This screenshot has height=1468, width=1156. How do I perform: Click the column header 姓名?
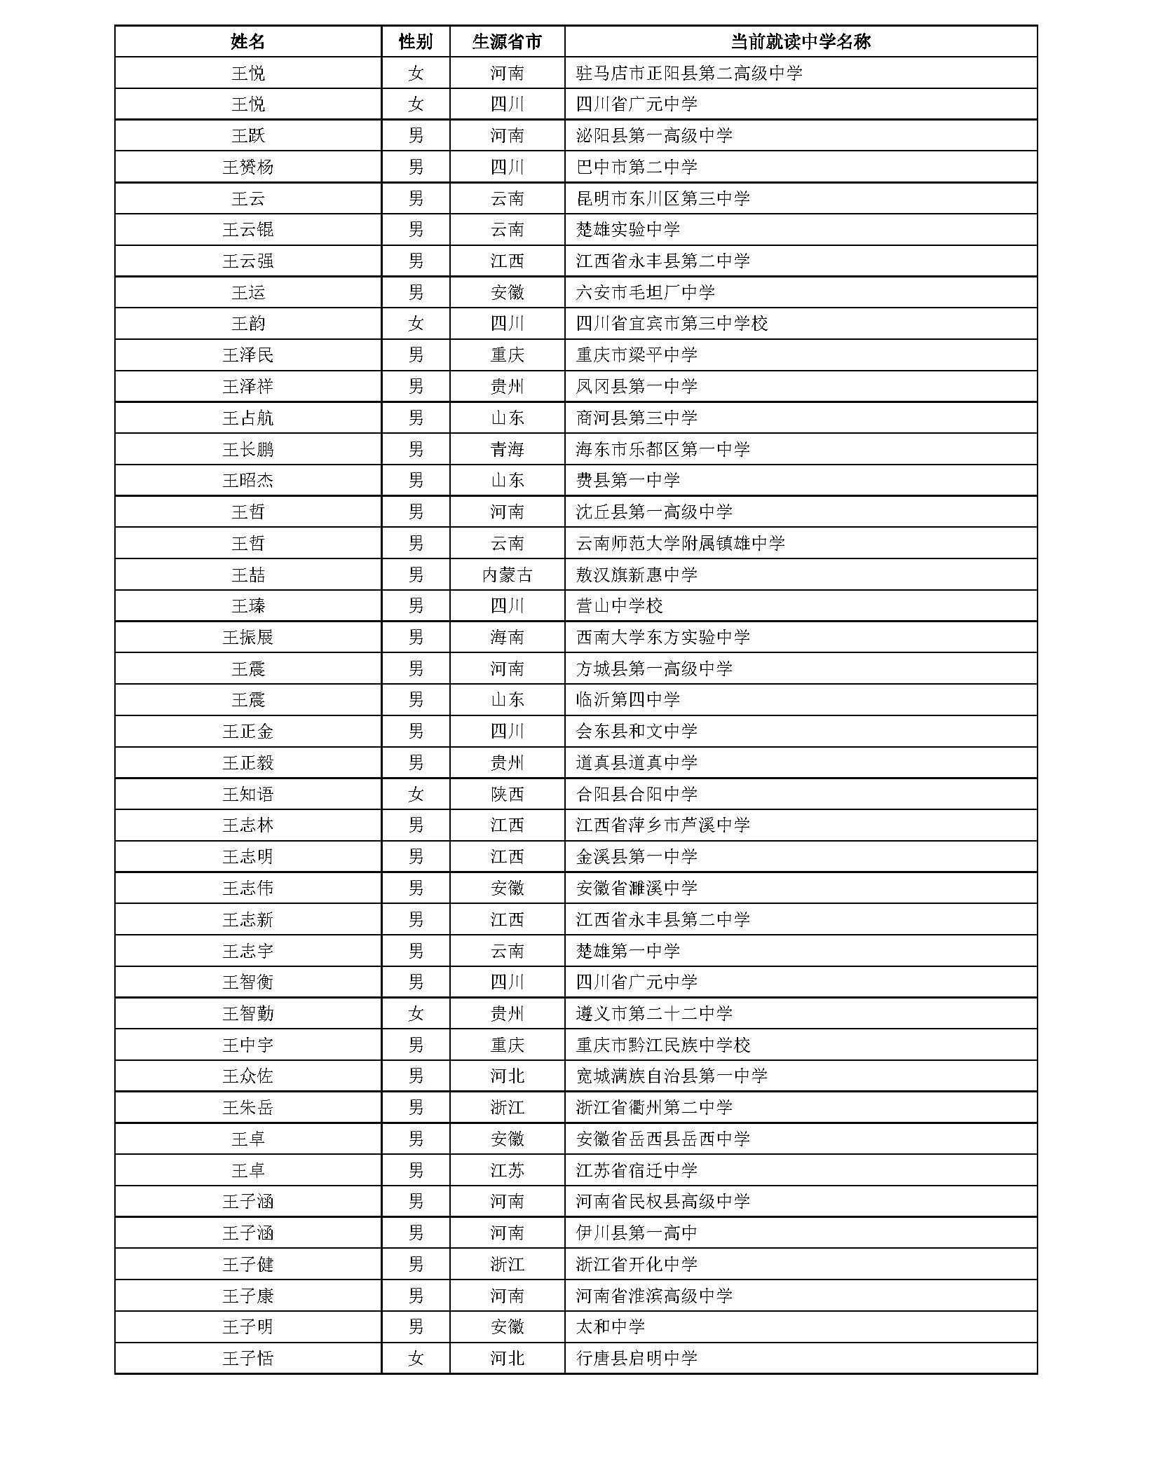click(247, 41)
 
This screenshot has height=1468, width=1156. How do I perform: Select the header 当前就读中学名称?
click(800, 41)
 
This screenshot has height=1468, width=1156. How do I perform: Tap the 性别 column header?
click(416, 41)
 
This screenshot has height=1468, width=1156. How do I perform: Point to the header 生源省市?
click(507, 41)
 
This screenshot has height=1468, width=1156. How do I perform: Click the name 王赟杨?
click(247, 167)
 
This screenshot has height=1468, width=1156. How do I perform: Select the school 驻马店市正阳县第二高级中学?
click(688, 73)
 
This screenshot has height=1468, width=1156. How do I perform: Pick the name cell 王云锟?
click(247, 230)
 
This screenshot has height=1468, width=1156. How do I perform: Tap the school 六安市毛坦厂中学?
click(645, 292)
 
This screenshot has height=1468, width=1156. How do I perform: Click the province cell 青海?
click(507, 449)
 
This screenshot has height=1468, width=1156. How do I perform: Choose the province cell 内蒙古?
click(507, 575)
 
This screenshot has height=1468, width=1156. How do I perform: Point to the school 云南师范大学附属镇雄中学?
click(680, 543)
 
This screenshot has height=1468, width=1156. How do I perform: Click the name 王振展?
click(247, 637)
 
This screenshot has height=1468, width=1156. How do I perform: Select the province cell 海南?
click(507, 637)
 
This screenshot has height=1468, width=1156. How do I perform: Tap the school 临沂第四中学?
click(627, 699)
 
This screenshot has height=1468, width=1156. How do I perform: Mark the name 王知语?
click(247, 794)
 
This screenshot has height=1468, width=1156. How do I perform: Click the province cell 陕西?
click(507, 794)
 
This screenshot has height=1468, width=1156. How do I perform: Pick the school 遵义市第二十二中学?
click(653, 1013)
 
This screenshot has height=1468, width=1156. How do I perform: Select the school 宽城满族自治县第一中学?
click(671, 1076)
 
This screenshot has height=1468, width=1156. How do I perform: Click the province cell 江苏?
click(507, 1170)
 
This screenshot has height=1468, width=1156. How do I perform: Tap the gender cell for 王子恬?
click(416, 1358)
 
